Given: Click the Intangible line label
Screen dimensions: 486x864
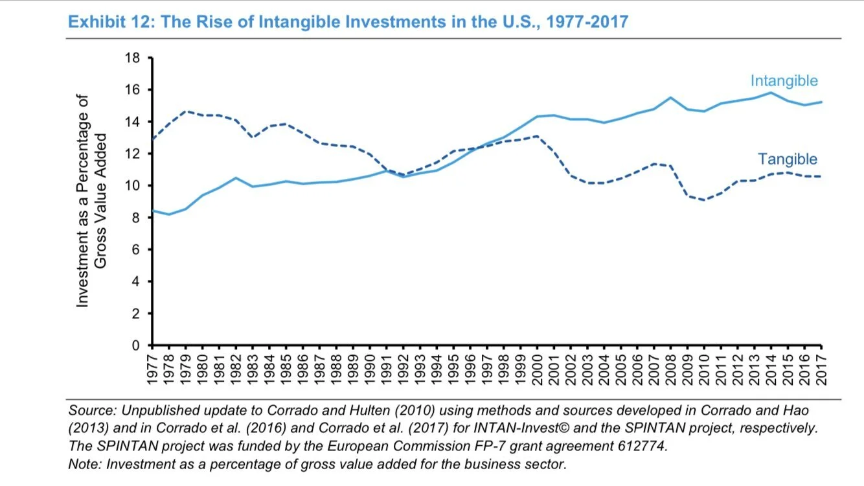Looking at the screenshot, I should [x=784, y=81].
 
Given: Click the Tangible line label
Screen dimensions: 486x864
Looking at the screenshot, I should [x=788, y=159].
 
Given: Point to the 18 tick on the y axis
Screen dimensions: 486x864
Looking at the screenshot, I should [x=132, y=58].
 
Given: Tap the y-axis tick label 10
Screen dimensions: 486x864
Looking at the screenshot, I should [x=132, y=186].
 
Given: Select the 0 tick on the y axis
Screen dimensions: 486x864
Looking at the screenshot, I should [x=136, y=345].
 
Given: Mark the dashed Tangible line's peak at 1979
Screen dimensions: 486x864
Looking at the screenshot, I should [x=186, y=111].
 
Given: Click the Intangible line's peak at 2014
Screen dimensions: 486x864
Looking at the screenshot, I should [x=771, y=93].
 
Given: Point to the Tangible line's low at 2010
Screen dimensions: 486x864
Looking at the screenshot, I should [x=704, y=200].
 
